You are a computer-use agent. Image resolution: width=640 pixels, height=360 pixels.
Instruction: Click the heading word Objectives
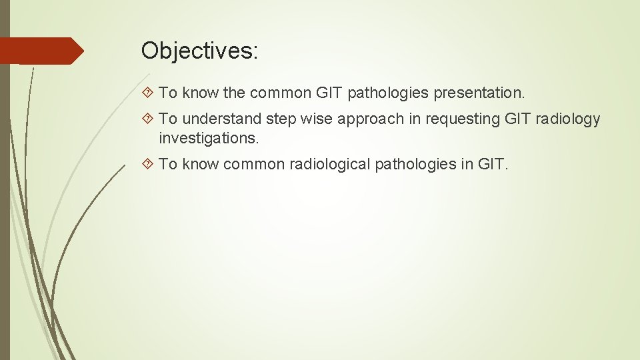tap(199, 51)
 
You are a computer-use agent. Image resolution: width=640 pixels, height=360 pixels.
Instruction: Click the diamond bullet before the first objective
tap(148, 93)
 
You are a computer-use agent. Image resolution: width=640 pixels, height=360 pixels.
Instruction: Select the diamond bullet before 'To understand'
tap(148, 119)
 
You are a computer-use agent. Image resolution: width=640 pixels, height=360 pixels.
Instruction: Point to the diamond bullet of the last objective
tap(148, 164)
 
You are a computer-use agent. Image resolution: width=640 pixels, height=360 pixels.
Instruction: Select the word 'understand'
tap(222, 119)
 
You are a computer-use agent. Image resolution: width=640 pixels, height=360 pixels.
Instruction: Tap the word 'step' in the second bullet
tap(281, 119)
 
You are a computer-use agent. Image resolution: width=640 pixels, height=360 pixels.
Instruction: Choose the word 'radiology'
tap(568, 119)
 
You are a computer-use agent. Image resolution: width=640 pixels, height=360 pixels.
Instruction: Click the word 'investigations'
tap(207, 138)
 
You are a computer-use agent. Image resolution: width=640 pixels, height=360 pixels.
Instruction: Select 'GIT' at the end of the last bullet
tap(493, 164)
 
